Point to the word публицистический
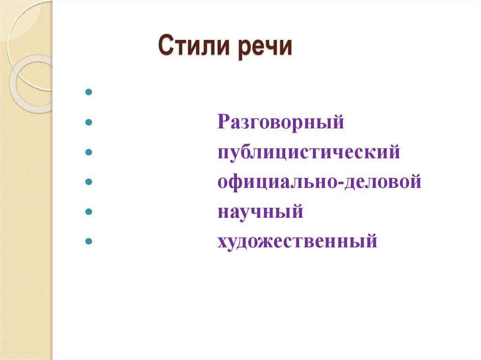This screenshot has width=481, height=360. [309, 153]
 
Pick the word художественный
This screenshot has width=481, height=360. [297, 242]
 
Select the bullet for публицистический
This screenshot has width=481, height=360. [88, 153]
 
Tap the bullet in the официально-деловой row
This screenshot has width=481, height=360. [88, 183]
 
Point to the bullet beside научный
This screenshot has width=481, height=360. [88, 212]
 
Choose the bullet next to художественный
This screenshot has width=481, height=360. [88, 242]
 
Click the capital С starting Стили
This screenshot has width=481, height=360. [164, 48]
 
